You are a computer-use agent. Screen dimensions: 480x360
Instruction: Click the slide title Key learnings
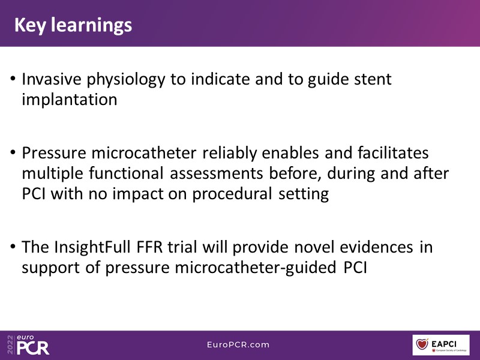pyautogui.click(x=73, y=25)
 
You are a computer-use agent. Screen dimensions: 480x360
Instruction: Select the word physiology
pyautogui.click(x=126, y=80)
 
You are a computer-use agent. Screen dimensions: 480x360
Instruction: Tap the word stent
pyautogui.click(x=373, y=79)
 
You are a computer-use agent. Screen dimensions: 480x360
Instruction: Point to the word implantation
pyautogui.click(x=70, y=100)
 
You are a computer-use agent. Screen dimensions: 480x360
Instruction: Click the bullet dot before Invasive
pyautogui.click(x=13, y=79)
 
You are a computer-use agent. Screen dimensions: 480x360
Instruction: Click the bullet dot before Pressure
pyautogui.click(x=13, y=152)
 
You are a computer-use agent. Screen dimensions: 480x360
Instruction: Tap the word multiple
pyautogui.click(x=52, y=173)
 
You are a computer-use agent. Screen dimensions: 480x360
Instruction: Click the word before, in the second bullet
pyautogui.click(x=295, y=173)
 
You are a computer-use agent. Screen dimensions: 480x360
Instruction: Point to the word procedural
pyautogui.click(x=232, y=194)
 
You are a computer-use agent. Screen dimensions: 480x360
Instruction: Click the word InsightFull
pyautogui.click(x=92, y=248)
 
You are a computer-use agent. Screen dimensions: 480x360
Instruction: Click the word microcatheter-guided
pyautogui.click(x=256, y=268)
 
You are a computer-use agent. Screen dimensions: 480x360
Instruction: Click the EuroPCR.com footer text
pyautogui.click(x=238, y=344)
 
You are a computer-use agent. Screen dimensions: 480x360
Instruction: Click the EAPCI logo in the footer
pyautogui.click(x=441, y=345)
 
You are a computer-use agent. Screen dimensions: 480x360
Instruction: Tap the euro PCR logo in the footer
pyautogui.click(x=28, y=344)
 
